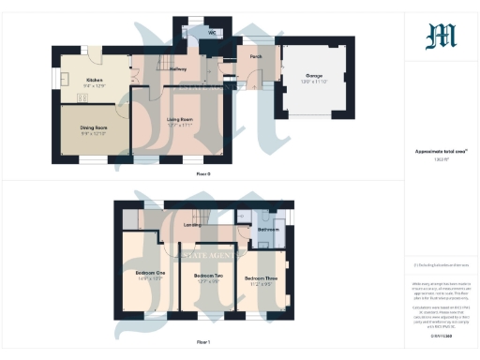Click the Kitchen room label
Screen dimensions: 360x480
tap(95, 81)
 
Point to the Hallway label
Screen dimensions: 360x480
tap(176, 69)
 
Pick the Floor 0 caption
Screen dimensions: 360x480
tap(202, 174)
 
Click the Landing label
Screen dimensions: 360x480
tap(192, 224)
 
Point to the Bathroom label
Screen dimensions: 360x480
tap(269, 229)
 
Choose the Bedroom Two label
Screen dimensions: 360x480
tap(207, 276)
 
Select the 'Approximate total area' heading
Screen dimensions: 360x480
tap(441, 150)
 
